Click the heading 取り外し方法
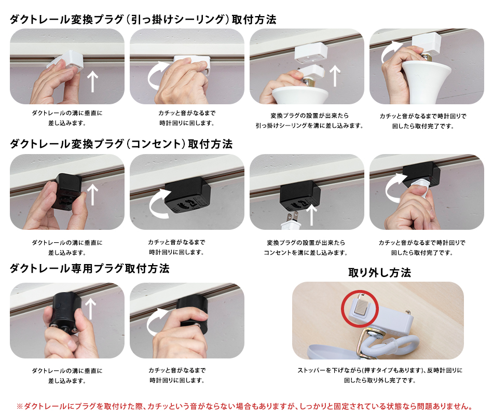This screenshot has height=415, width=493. (379, 272)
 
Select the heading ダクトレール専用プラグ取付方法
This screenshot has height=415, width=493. (90, 269)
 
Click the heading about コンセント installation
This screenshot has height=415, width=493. (121, 144)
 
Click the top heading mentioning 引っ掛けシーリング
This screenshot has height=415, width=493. (143, 20)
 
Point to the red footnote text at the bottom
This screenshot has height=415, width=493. (244, 406)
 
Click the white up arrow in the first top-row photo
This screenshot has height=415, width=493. (92, 81)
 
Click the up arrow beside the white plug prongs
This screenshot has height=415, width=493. (311, 215)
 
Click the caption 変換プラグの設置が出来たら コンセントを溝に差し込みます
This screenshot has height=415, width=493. (305, 247)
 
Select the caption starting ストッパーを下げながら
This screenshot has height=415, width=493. (380, 375)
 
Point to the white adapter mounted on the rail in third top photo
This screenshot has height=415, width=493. (311, 52)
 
